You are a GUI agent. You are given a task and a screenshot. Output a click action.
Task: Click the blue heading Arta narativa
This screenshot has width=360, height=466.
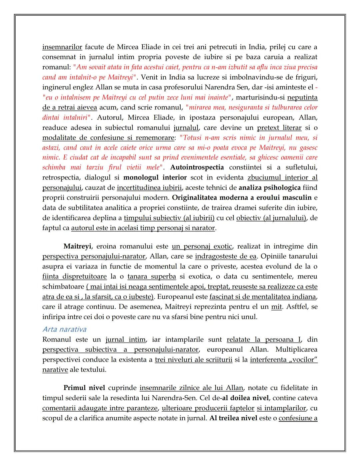[x=64, y=329]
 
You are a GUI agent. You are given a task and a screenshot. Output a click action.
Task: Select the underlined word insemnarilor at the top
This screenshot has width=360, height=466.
[x=62, y=47]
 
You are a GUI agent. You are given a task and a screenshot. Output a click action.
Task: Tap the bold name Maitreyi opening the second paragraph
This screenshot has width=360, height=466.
[x=77, y=247]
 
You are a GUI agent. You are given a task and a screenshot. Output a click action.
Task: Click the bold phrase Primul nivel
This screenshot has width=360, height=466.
[x=84, y=388]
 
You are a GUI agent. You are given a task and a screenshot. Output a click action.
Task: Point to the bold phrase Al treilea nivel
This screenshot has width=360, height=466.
[x=233, y=418]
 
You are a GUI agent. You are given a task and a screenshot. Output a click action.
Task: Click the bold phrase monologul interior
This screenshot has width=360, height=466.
[x=155, y=177]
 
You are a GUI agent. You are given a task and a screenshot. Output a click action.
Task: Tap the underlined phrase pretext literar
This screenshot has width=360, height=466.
[x=279, y=128]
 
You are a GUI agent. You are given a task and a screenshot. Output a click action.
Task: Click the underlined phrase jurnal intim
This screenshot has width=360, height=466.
[x=125, y=340]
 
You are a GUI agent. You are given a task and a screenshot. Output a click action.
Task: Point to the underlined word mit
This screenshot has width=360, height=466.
[x=276, y=307]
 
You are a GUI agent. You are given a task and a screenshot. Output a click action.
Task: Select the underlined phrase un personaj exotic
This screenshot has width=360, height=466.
[x=202, y=247]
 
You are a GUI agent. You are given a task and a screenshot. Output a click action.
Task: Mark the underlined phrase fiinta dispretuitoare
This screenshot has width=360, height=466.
[x=74, y=277]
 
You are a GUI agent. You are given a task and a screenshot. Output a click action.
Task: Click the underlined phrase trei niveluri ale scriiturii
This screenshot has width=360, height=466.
[x=193, y=360]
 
